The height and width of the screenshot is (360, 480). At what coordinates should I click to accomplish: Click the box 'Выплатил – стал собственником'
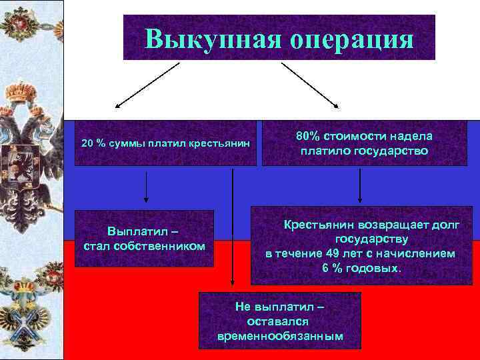click(144, 239)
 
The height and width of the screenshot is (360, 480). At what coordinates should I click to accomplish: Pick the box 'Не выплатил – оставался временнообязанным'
click(280, 320)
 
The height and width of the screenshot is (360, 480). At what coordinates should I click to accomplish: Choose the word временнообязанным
click(280, 336)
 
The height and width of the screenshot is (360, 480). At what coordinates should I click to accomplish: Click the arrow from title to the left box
click(148, 85)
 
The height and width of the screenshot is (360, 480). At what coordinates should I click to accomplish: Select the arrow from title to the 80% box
click(311, 85)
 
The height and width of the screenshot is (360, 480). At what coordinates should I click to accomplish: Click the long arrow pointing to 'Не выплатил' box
click(232, 227)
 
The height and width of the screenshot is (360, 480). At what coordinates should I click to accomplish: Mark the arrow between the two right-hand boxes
click(360, 185)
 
